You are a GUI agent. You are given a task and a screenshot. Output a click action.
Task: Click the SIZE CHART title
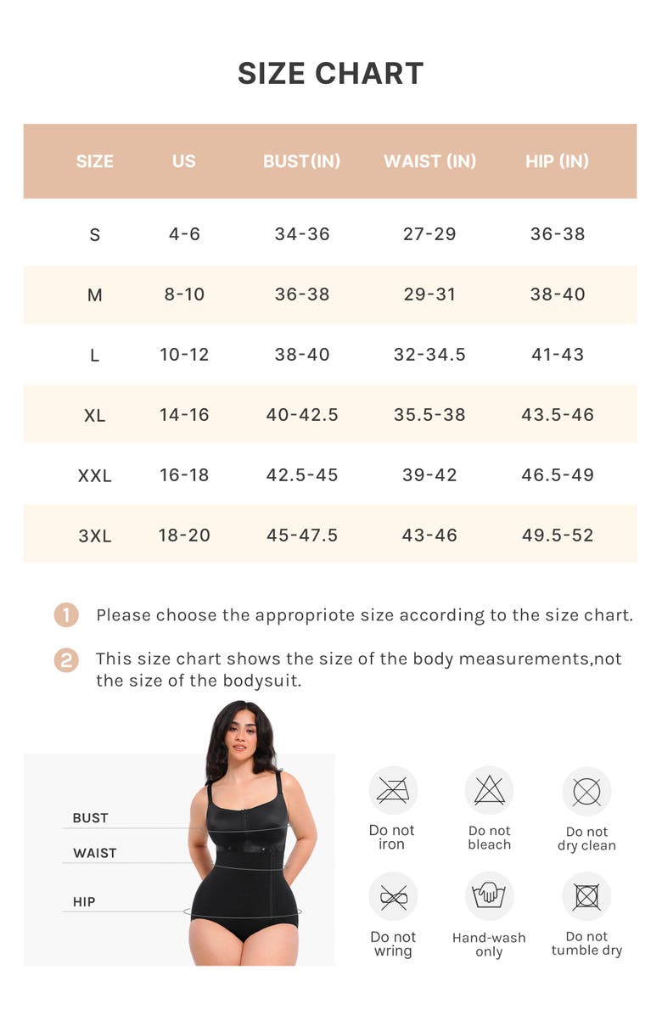(x=330, y=74)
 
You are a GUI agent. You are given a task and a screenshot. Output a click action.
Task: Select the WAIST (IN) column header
(x=429, y=161)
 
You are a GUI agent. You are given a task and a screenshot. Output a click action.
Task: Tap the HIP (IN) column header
(x=557, y=161)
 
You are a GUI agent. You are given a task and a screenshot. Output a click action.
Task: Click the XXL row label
(x=94, y=476)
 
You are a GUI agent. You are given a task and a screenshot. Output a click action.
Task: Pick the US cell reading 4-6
(x=184, y=234)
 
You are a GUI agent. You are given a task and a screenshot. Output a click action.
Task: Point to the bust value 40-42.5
(x=302, y=415)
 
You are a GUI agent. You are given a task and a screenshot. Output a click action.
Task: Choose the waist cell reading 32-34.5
(x=429, y=355)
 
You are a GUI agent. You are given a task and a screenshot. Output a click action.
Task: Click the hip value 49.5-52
(x=558, y=536)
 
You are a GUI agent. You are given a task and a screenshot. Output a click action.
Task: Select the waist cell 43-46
(x=429, y=536)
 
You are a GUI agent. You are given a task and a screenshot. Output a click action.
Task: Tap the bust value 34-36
(x=302, y=234)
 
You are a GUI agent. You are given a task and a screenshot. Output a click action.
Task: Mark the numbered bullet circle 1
(x=66, y=615)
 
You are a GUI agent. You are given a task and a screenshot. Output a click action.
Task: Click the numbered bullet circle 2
(x=66, y=660)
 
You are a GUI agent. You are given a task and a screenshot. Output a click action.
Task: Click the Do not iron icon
(x=393, y=791)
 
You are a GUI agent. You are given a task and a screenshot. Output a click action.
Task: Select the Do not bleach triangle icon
(x=490, y=791)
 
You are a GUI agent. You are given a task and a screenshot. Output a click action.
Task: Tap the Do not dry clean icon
(x=586, y=792)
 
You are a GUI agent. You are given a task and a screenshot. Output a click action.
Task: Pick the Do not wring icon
(x=393, y=897)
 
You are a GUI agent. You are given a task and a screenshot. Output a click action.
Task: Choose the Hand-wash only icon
(x=489, y=896)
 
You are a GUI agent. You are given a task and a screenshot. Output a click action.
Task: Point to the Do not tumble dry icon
(x=586, y=897)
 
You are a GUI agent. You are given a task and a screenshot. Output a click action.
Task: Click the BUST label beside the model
(x=90, y=818)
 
